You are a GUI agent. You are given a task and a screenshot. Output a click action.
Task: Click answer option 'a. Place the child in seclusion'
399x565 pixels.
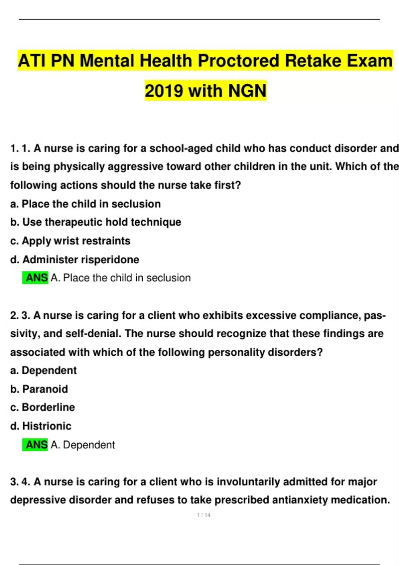pyautogui.click(x=85, y=204)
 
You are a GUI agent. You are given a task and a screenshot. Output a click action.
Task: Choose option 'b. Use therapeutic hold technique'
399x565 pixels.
pyautogui.click(x=96, y=222)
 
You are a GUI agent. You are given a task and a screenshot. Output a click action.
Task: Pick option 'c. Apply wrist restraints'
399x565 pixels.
pyautogui.click(x=70, y=241)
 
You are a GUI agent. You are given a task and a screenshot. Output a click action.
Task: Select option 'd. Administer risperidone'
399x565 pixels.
pyautogui.click(x=75, y=259)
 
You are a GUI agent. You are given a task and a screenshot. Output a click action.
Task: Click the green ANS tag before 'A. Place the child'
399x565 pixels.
pyautogui.click(x=35, y=278)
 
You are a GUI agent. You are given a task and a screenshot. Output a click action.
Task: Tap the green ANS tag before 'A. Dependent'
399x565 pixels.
pyautogui.click(x=35, y=445)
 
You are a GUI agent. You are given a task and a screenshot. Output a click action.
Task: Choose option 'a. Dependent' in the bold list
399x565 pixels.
pyautogui.click(x=44, y=370)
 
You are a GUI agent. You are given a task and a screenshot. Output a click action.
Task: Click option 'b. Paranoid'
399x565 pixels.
pyautogui.click(x=39, y=389)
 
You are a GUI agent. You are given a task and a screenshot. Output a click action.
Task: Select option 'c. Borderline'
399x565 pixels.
pyautogui.click(x=43, y=407)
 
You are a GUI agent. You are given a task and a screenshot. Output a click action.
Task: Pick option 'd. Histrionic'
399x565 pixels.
pyautogui.click(x=41, y=426)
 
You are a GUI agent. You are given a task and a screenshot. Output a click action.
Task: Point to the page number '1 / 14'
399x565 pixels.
pyautogui.click(x=203, y=515)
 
